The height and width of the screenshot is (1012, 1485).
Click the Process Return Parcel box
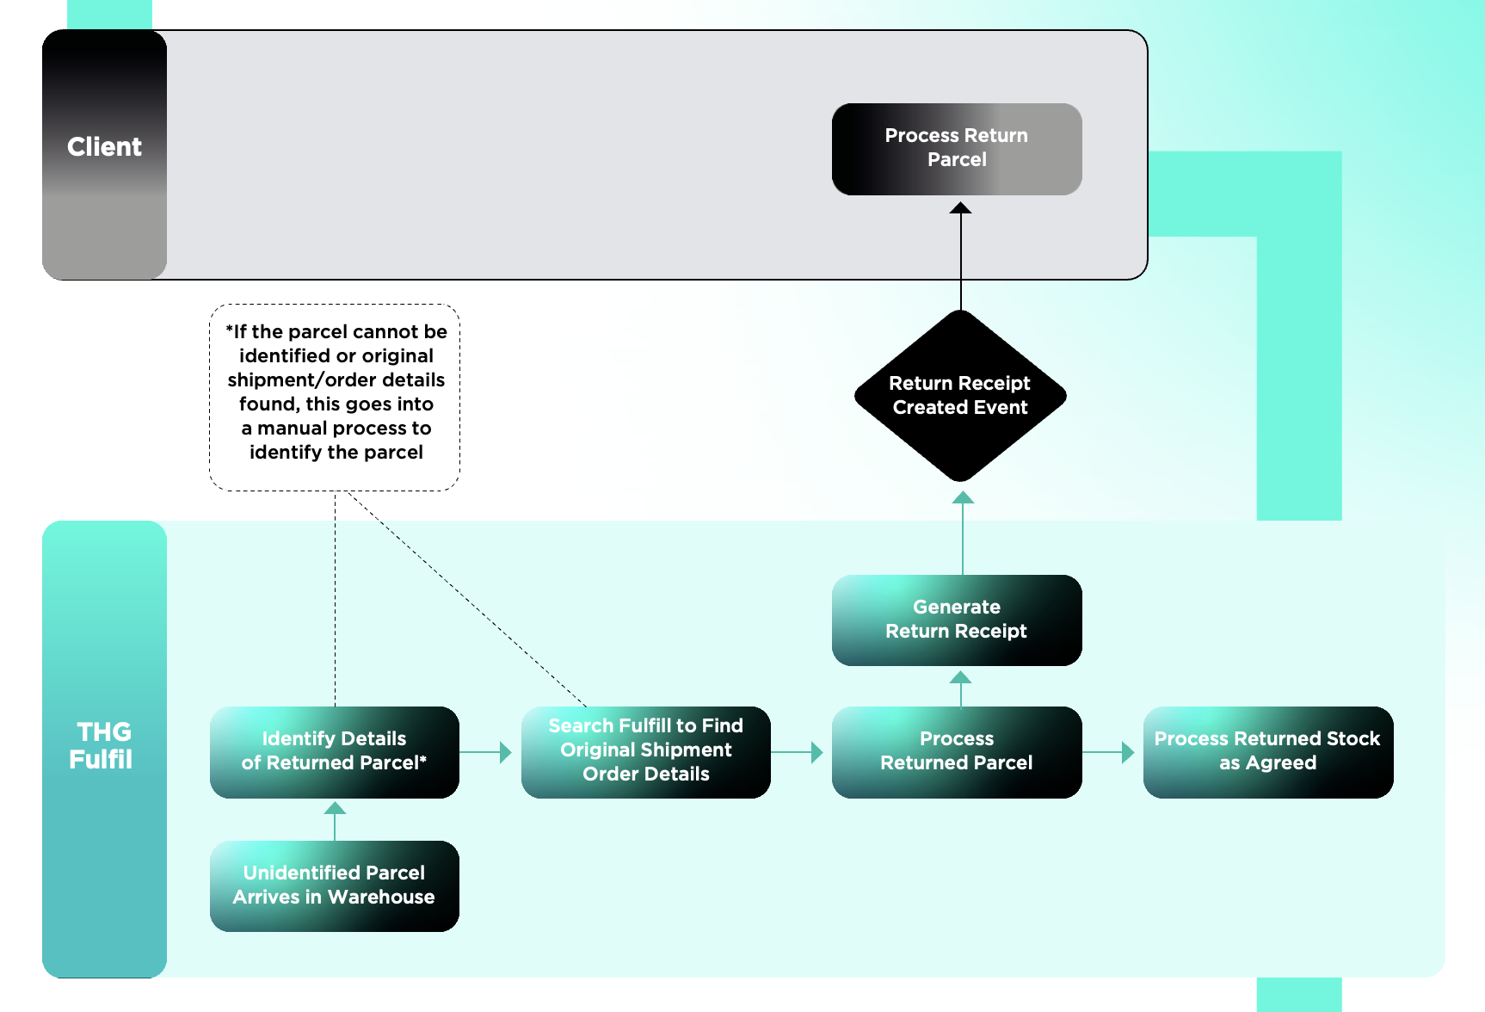click(956, 149)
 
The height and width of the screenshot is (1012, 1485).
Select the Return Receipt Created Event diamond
click(960, 396)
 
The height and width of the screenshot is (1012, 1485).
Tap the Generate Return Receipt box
click(956, 620)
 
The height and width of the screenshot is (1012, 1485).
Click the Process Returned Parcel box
click(956, 751)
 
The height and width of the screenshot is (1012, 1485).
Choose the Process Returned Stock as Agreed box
click(1267, 751)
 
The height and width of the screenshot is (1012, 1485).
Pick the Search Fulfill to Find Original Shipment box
click(645, 751)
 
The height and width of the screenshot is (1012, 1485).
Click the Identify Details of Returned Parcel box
click(334, 751)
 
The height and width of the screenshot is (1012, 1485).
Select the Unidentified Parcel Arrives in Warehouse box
click(334, 885)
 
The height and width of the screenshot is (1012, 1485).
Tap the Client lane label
click(104, 147)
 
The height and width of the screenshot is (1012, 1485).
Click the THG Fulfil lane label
click(102, 745)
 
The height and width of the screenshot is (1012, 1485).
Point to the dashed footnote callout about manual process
click(335, 397)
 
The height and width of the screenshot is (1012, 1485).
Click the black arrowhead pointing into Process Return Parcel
click(960, 208)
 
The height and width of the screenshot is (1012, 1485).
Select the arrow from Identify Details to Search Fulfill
click(487, 752)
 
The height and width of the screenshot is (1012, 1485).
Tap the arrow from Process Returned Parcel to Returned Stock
click(1110, 752)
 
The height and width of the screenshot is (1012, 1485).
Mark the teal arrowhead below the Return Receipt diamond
click(963, 498)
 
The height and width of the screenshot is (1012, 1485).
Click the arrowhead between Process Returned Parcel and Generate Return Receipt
click(960, 678)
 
